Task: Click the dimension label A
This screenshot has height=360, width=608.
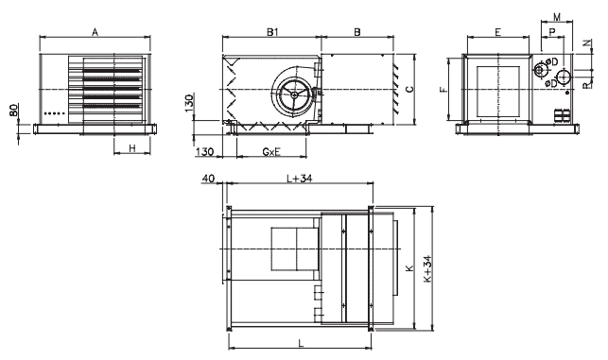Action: [95, 32]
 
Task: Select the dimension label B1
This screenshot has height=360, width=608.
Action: [272, 32]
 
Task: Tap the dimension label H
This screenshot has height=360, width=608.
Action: [132, 148]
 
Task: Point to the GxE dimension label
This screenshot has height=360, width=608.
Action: [271, 151]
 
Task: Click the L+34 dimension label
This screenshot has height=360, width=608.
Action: [300, 179]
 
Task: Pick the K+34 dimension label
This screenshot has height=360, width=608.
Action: [427, 269]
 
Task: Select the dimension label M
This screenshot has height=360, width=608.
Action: [557, 17]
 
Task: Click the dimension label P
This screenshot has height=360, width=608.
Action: [552, 31]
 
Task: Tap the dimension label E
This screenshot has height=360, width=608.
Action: [498, 32]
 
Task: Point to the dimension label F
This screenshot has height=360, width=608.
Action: [443, 90]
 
